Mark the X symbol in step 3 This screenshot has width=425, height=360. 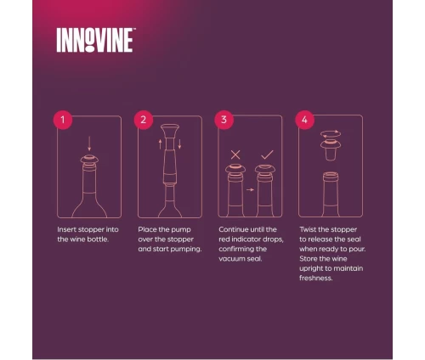click(x=235, y=155)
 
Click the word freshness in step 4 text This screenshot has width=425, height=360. click(x=316, y=278)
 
